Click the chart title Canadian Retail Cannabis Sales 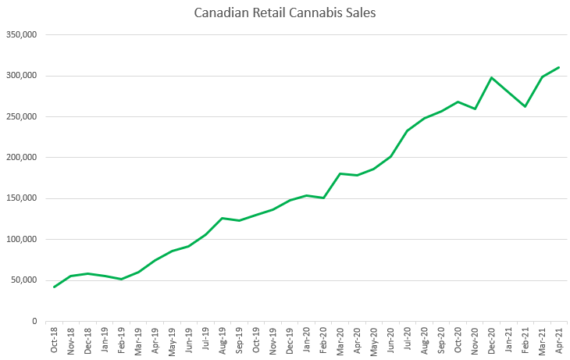click(x=285, y=13)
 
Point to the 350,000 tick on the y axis click(x=20, y=35)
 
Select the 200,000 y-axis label click(x=20, y=158)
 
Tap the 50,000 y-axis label click(x=23, y=280)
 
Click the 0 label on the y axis click(x=34, y=321)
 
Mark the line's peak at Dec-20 click(x=492, y=77)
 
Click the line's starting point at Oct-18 click(x=54, y=287)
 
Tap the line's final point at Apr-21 click(x=559, y=67)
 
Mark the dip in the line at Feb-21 click(x=525, y=106)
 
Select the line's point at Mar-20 click(x=340, y=173)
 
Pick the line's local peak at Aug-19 click(x=223, y=218)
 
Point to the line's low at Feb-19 click(x=121, y=279)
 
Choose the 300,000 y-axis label click(x=20, y=76)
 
